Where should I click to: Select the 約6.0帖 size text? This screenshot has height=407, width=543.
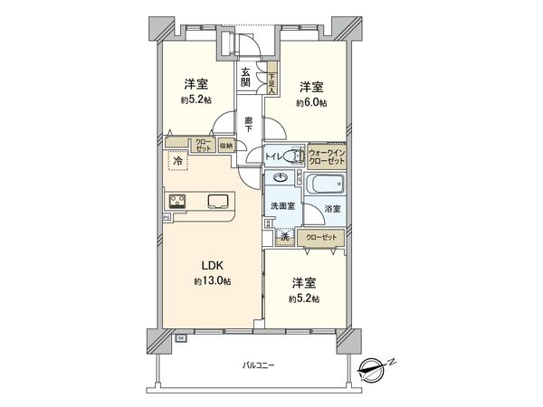click(311, 103)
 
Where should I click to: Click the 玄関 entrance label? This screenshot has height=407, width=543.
click(245, 78)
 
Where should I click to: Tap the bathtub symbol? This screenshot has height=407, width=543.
click(324, 185)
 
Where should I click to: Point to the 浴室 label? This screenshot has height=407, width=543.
click(333, 209)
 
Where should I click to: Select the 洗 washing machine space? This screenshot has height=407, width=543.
click(283, 237)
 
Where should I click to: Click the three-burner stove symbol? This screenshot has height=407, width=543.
click(176, 201)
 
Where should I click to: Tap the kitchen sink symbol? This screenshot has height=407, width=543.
click(219, 201)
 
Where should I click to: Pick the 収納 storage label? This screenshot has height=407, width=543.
click(224, 145)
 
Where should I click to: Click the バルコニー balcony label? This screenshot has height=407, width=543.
click(258, 366)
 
